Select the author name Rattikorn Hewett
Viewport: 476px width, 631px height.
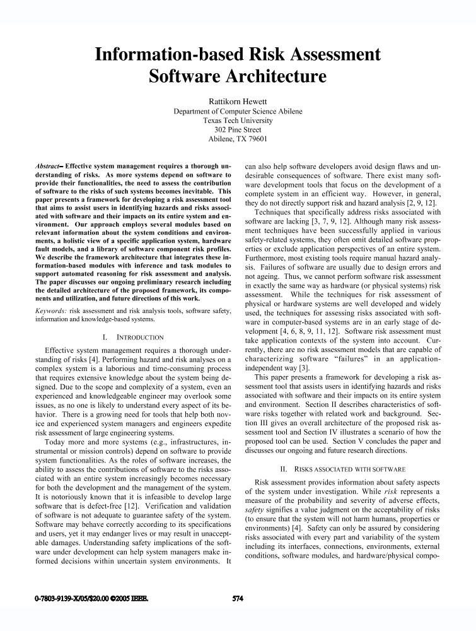click(238, 101)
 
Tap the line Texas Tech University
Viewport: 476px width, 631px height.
click(238, 120)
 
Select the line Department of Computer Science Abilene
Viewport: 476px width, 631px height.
click(238, 110)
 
